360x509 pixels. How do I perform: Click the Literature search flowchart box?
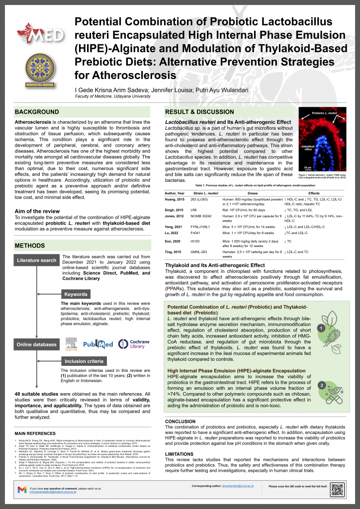tap(36, 260)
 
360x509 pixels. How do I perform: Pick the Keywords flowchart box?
tap(76, 294)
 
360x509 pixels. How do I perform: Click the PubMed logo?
tap(98, 344)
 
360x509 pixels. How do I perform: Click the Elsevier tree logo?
tap(72, 343)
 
